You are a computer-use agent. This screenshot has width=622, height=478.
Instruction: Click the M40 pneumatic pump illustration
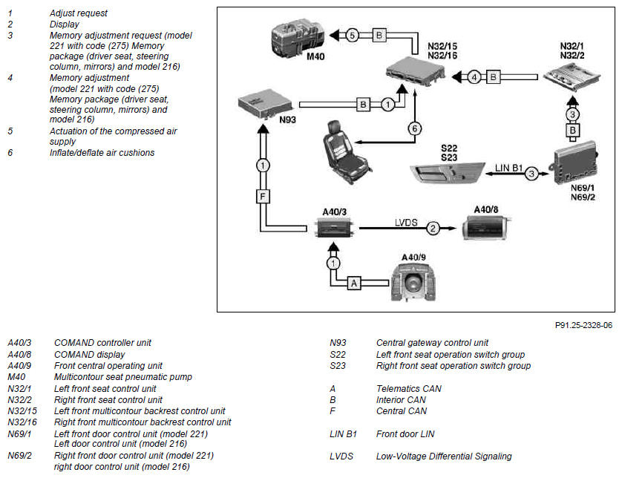tap(298, 37)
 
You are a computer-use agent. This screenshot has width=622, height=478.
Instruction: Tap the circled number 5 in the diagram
tap(353, 36)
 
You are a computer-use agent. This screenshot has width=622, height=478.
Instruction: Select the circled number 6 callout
tap(414, 128)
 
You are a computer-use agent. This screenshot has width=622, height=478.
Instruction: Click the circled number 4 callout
tap(474, 77)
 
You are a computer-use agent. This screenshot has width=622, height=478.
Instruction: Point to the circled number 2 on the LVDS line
tap(433, 228)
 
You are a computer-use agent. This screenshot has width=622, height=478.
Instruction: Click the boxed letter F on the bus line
tap(263, 197)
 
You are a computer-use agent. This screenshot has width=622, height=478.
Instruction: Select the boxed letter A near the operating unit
tap(354, 283)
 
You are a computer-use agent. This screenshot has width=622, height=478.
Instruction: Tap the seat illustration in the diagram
tap(347, 152)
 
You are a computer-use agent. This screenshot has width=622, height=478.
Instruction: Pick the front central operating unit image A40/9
tap(413, 283)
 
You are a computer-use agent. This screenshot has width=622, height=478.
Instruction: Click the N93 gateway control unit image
tap(264, 103)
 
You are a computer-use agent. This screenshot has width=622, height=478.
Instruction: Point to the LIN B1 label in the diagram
tap(508, 168)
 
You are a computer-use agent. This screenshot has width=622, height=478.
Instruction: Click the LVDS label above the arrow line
tap(406, 223)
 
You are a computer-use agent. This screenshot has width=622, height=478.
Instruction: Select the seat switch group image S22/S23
tap(447, 172)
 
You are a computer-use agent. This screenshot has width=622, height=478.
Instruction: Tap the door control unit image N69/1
tap(576, 163)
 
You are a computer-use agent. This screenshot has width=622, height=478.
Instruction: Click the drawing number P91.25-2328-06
tap(583, 325)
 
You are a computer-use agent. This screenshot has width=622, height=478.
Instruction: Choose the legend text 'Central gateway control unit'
tap(432, 343)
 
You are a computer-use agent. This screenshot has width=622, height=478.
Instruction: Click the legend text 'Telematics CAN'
tap(408, 389)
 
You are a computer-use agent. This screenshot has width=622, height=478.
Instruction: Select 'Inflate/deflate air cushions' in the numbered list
tap(102, 153)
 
